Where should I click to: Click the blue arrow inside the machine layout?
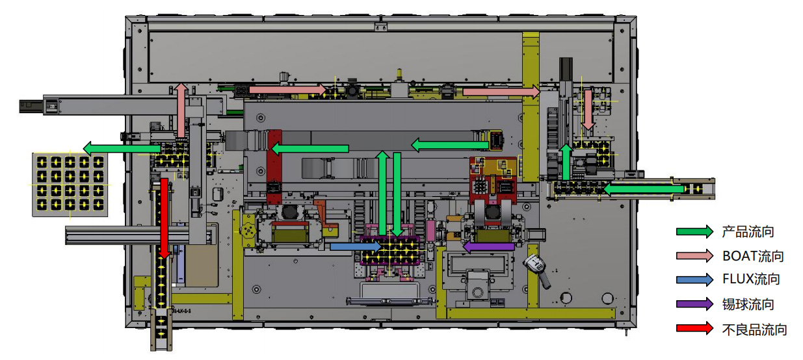pyautogui.click(x=355, y=246)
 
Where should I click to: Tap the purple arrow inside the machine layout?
pyautogui.click(x=487, y=246)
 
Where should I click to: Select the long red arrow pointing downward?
pyautogui.click(x=165, y=218)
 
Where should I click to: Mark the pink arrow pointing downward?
pyautogui.click(x=588, y=109)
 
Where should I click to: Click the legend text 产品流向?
pyautogui.click(x=748, y=231)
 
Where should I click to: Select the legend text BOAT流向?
pyautogui.click(x=753, y=255)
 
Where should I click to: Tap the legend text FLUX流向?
pyautogui.click(x=751, y=279)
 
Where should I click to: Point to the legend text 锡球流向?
pyautogui.click(x=748, y=304)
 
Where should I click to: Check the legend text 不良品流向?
pyautogui.click(x=754, y=329)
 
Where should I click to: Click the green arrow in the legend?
pyautogui.click(x=694, y=231)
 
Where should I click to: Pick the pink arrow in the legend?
pyautogui.click(x=694, y=255)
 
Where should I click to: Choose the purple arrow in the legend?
pyautogui.click(x=694, y=304)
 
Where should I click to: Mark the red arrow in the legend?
pyautogui.click(x=694, y=329)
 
